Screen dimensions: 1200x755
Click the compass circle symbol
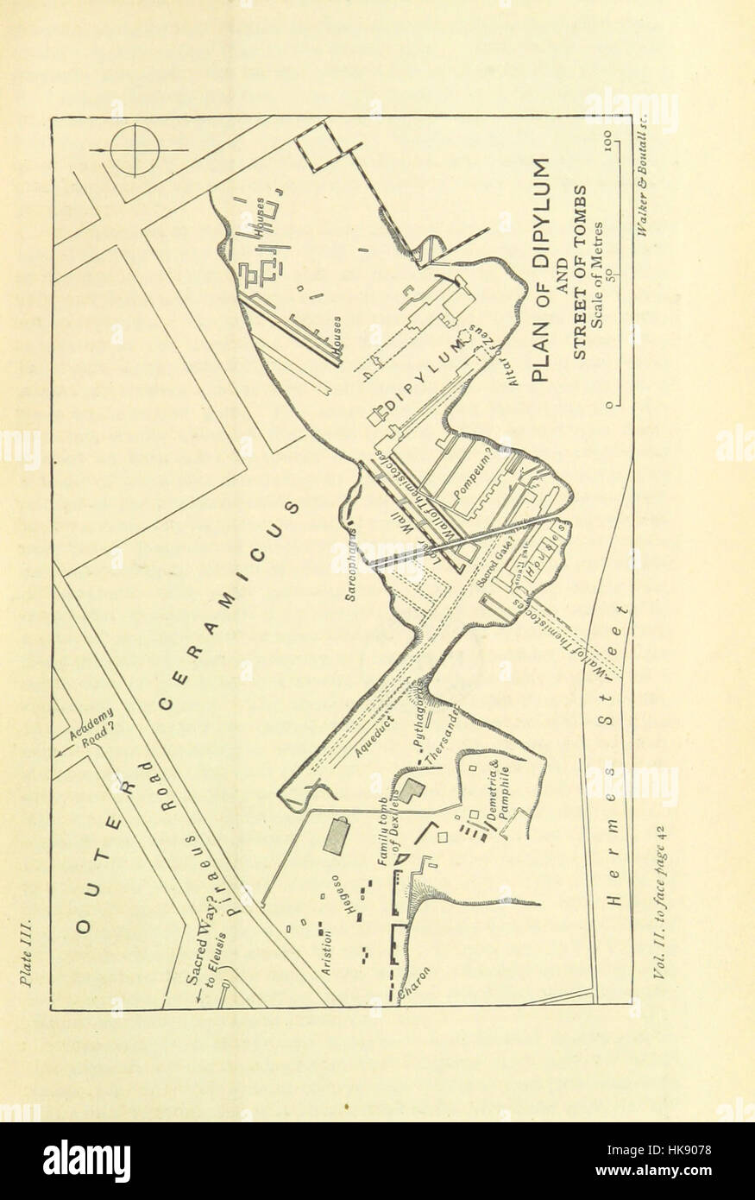tap(135, 150)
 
